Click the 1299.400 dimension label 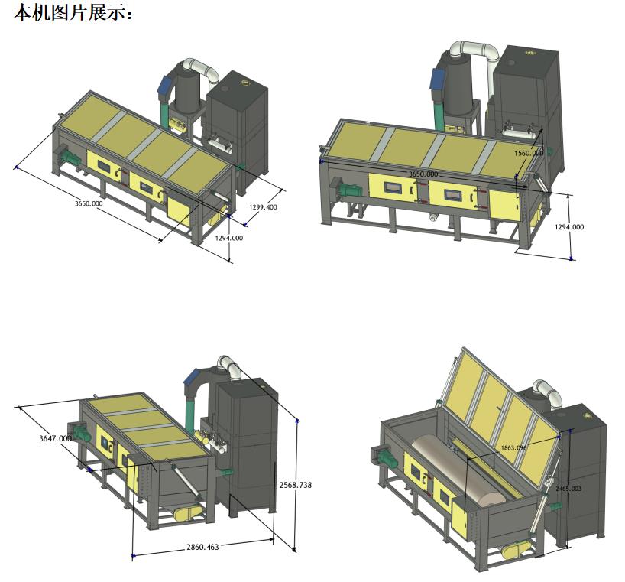point(263,207)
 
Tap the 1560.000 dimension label point(529,153)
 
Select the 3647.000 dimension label point(56,438)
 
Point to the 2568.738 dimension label point(296,485)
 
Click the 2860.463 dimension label point(202,547)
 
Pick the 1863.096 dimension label point(513,447)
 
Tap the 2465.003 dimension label point(568,488)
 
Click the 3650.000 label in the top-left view point(89,203)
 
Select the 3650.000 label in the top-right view point(423,174)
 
